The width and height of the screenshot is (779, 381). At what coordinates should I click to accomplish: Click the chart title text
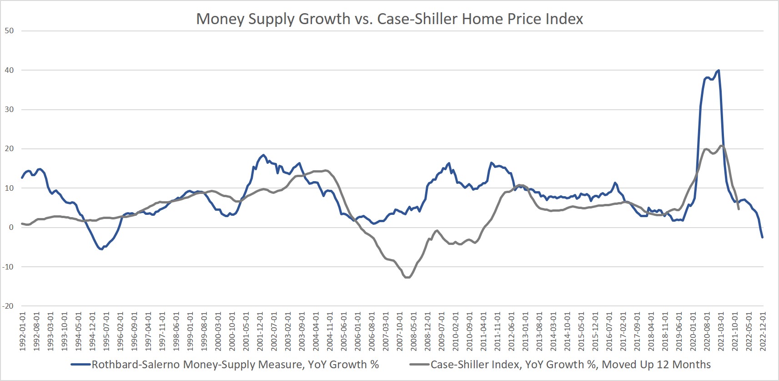(389, 19)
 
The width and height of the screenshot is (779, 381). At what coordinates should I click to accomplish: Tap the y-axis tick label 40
(9, 70)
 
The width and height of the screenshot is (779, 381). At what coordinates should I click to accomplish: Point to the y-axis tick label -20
(8, 306)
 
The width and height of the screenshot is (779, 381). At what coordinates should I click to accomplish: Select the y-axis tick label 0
(11, 228)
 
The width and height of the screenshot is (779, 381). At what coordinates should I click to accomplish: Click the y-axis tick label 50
(9, 31)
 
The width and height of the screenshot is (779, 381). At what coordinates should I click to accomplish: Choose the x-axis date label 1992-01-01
(22, 331)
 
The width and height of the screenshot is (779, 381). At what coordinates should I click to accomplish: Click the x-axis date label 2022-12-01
(763, 331)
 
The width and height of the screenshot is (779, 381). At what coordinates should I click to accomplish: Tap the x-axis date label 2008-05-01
(413, 331)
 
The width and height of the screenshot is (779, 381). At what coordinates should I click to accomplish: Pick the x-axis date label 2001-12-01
(260, 331)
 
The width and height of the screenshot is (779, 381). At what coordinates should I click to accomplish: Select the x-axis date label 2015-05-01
(581, 331)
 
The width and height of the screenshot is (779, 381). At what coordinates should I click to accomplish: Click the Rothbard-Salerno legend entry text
(235, 365)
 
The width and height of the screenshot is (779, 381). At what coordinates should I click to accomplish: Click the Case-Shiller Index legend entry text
(570, 365)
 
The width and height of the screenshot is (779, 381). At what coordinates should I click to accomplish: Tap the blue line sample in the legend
(81, 365)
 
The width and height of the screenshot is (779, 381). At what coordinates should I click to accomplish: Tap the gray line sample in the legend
(420, 365)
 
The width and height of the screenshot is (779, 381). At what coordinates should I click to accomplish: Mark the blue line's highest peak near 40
(718, 70)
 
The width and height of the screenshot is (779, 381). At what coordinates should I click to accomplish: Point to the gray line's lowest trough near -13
(407, 277)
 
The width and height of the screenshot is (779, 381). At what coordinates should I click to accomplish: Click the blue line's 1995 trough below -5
(101, 249)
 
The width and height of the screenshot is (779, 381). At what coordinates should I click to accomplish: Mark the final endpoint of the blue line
(762, 237)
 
